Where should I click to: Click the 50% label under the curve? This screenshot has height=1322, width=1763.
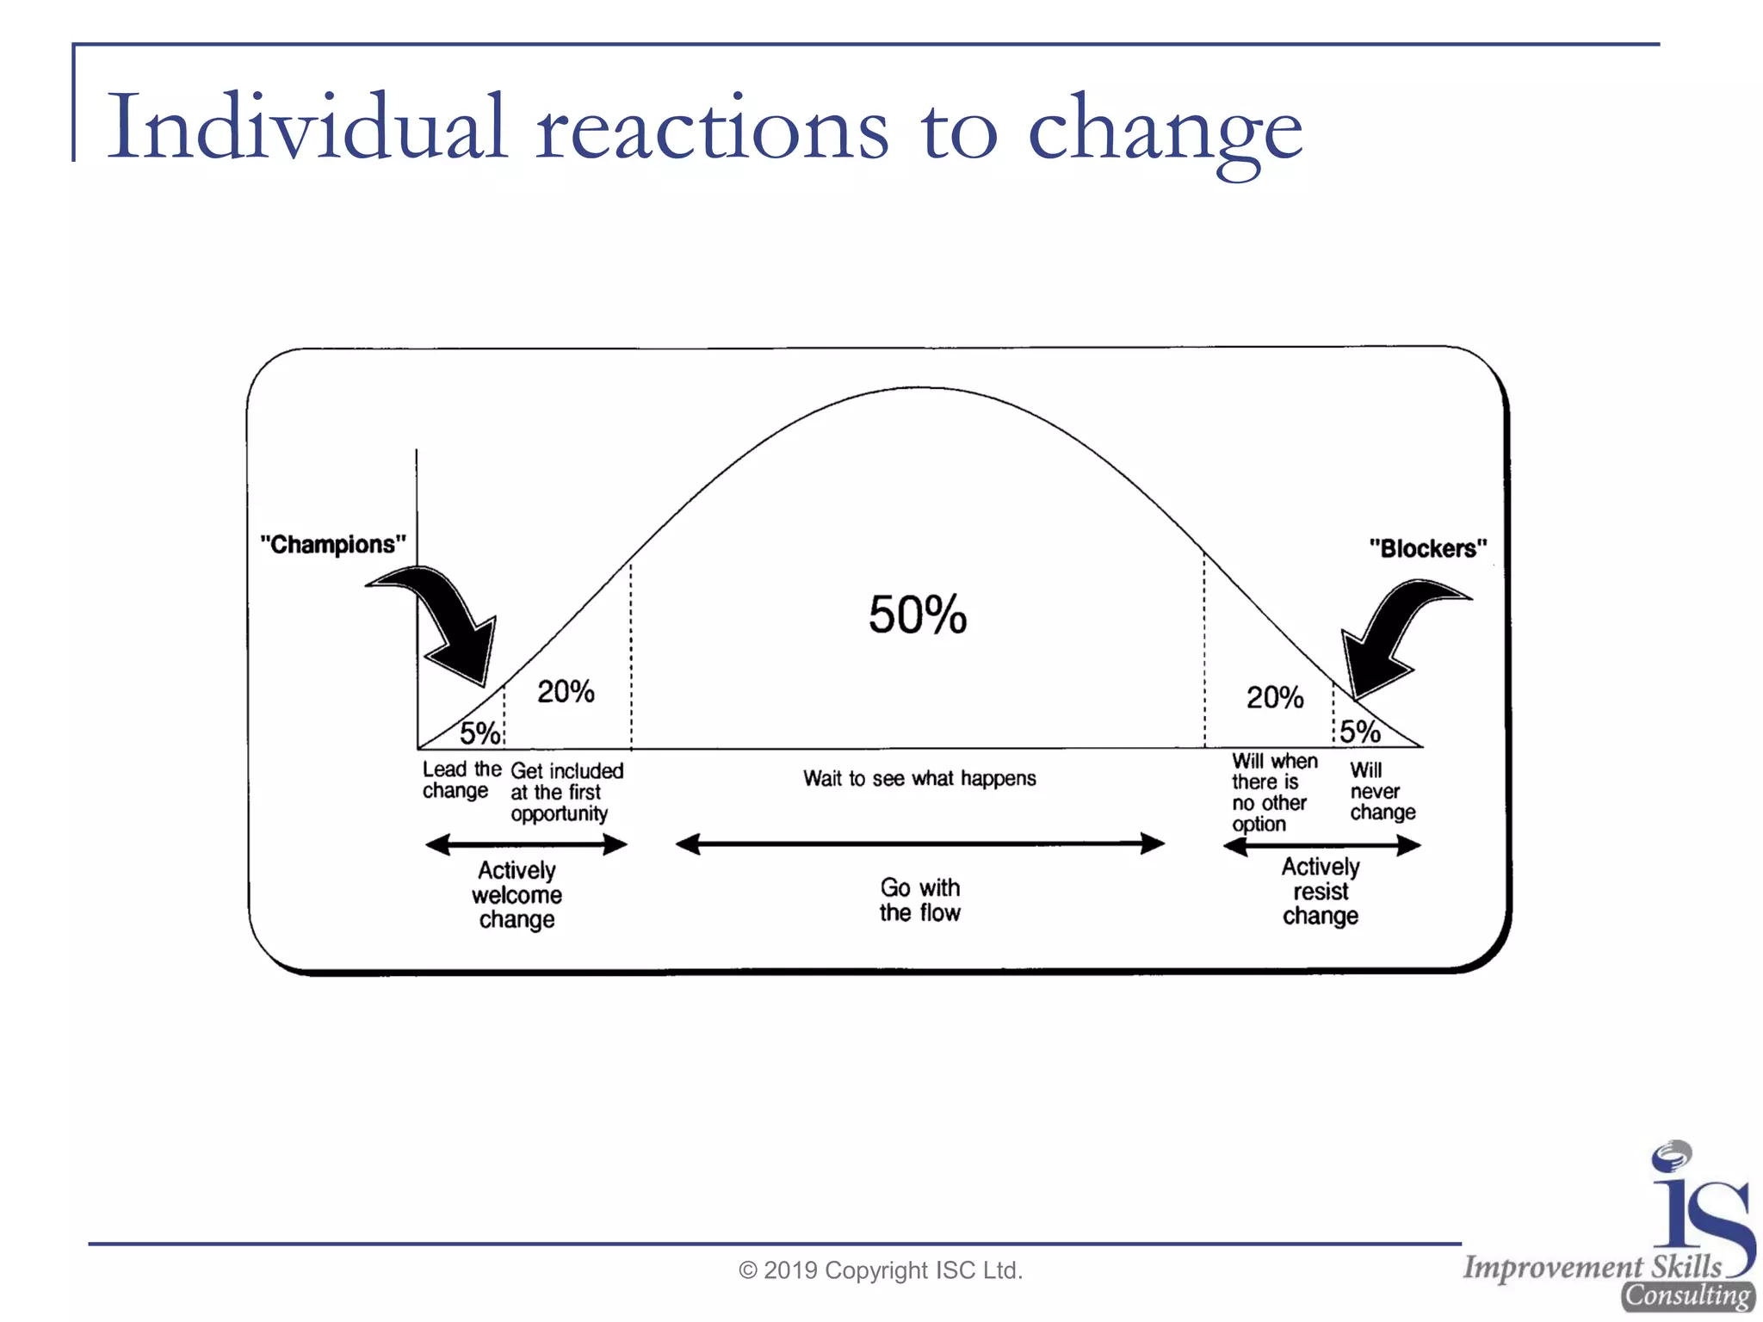(x=918, y=615)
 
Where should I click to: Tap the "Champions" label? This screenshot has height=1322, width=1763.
(x=333, y=545)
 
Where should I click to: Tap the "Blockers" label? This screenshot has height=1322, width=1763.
(x=1428, y=548)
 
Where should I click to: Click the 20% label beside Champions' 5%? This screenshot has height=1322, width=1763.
(x=566, y=691)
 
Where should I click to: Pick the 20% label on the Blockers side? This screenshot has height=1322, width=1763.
(x=1275, y=697)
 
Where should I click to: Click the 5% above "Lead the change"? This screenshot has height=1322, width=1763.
(x=479, y=733)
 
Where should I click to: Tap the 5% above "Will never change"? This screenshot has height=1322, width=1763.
(x=1360, y=732)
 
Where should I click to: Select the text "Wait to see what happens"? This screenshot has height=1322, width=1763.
(x=919, y=779)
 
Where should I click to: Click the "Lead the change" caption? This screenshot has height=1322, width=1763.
(x=461, y=780)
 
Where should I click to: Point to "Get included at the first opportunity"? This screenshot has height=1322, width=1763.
(x=566, y=792)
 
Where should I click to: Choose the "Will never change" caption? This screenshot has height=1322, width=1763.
(x=1382, y=791)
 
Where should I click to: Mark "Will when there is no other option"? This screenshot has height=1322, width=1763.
(x=1273, y=792)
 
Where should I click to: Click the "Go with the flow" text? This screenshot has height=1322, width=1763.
(x=919, y=899)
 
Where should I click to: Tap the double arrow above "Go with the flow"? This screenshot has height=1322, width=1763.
(x=919, y=844)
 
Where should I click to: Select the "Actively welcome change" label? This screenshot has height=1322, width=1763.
(x=517, y=895)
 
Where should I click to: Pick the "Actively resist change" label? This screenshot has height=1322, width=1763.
(x=1321, y=891)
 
